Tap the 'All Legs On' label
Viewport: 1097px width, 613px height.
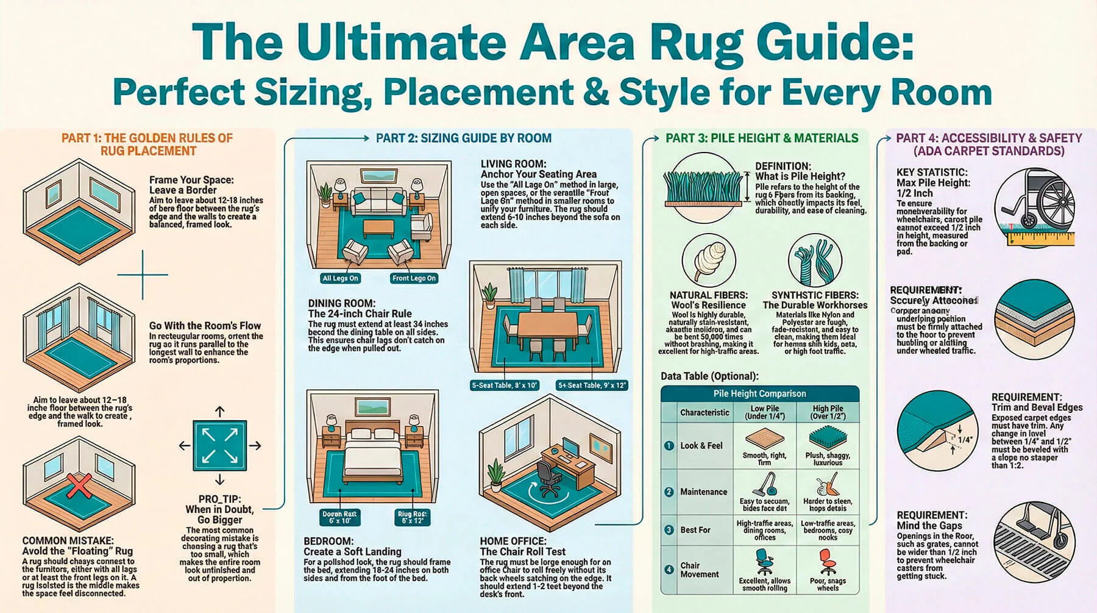click(x=340, y=278)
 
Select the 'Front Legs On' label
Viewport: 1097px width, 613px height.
click(x=414, y=278)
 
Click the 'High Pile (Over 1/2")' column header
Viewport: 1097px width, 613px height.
click(x=827, y=412)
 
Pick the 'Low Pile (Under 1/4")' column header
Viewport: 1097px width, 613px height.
click(x=764, y=412)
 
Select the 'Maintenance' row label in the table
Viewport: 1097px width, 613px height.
click(x=703, y=492)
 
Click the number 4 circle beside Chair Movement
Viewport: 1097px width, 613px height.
click(x=669, y=570)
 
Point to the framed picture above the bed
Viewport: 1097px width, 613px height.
click(x=373, y=407)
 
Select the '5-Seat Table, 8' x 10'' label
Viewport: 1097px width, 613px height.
click(x=504, y=385)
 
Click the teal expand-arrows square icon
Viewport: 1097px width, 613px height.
click(x=220, y=445)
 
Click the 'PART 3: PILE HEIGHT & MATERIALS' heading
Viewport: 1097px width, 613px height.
click(x=761, y=138)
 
